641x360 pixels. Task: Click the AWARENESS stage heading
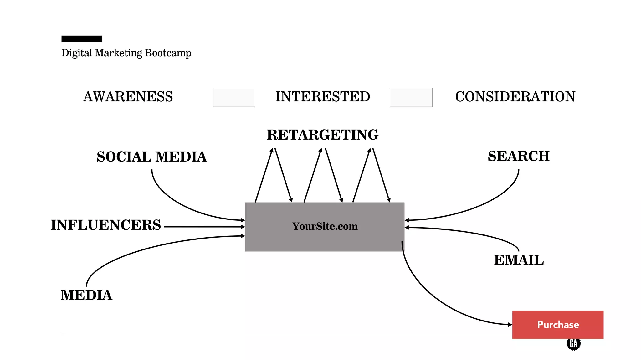tap(128, 97)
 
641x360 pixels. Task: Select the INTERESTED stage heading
tap(322, 97)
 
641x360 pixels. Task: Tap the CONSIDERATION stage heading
tap(515, 97)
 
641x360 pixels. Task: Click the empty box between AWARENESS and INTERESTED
tap(234, 97)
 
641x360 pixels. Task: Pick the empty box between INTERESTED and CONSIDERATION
tap(411, 97)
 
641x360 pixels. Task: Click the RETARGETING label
tap(322, 135)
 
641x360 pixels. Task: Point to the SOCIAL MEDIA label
tap(151, 157)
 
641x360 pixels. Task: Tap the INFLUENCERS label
tap(106, 225)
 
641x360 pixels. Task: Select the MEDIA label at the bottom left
tap(86, 295)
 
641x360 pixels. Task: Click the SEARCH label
tap(518, 156)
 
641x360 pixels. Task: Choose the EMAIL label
tap(519, 260)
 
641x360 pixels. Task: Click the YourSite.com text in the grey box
tap(325, 226)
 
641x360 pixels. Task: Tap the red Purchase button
tap(557, 325)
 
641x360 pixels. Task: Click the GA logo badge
tap(573, 344)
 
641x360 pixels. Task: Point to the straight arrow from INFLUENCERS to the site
tap(203, 227)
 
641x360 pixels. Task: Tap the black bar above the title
tap(81, 39)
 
